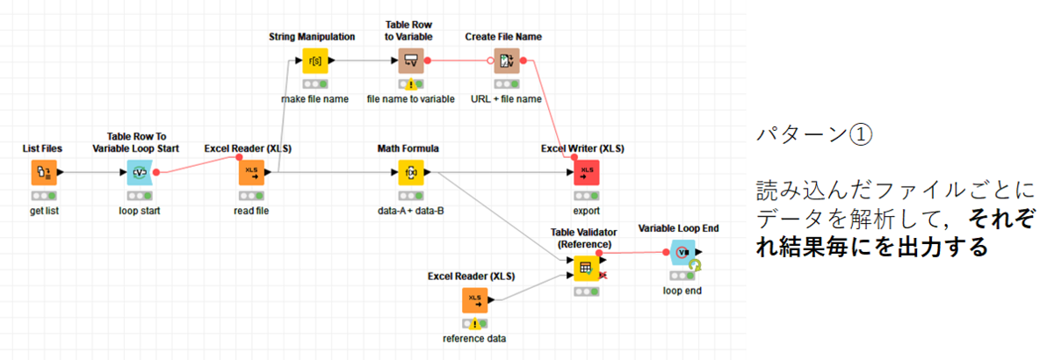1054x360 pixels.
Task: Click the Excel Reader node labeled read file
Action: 251,173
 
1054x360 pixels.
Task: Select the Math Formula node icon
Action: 411,173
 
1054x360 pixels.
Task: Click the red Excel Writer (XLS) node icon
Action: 587,173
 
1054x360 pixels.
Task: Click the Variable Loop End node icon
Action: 682,252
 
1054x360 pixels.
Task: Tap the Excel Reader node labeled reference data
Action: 475,300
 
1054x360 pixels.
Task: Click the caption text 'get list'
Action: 43,212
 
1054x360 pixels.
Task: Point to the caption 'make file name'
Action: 314,99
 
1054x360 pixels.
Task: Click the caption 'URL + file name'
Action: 506,99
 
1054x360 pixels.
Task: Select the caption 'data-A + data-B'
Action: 411,212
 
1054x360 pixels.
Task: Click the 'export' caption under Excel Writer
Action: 587,212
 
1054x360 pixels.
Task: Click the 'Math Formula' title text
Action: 408,148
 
